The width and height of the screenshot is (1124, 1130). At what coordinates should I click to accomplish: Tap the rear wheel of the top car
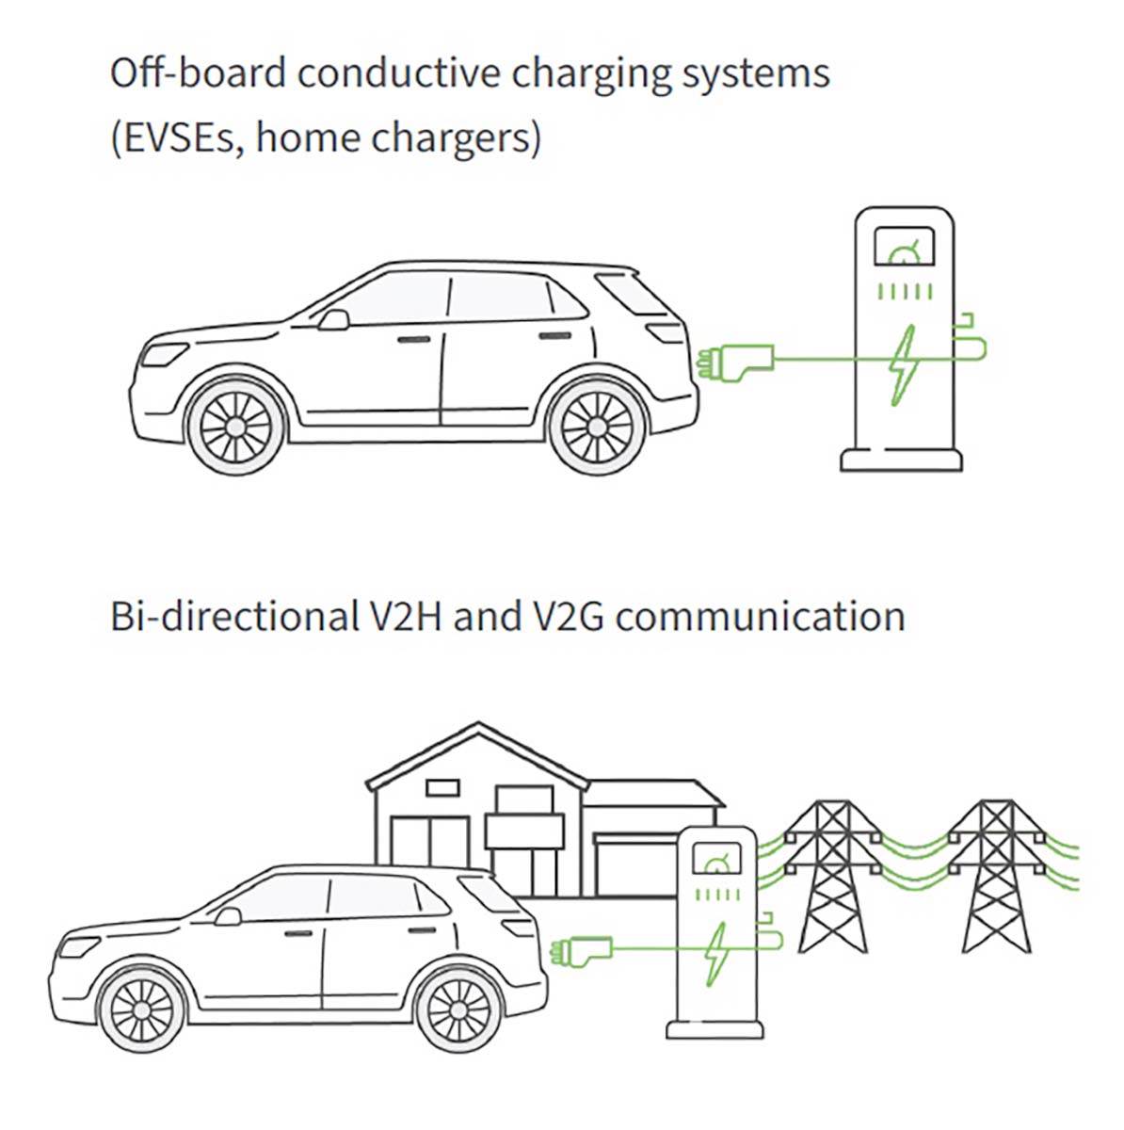[x=597, y=427]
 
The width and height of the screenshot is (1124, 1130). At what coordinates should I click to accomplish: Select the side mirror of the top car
[x=331, y=320]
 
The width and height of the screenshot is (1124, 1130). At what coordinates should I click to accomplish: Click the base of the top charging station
[x=901, y=459]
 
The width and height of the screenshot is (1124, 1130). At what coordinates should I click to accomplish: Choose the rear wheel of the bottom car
[x=463, y=1017]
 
